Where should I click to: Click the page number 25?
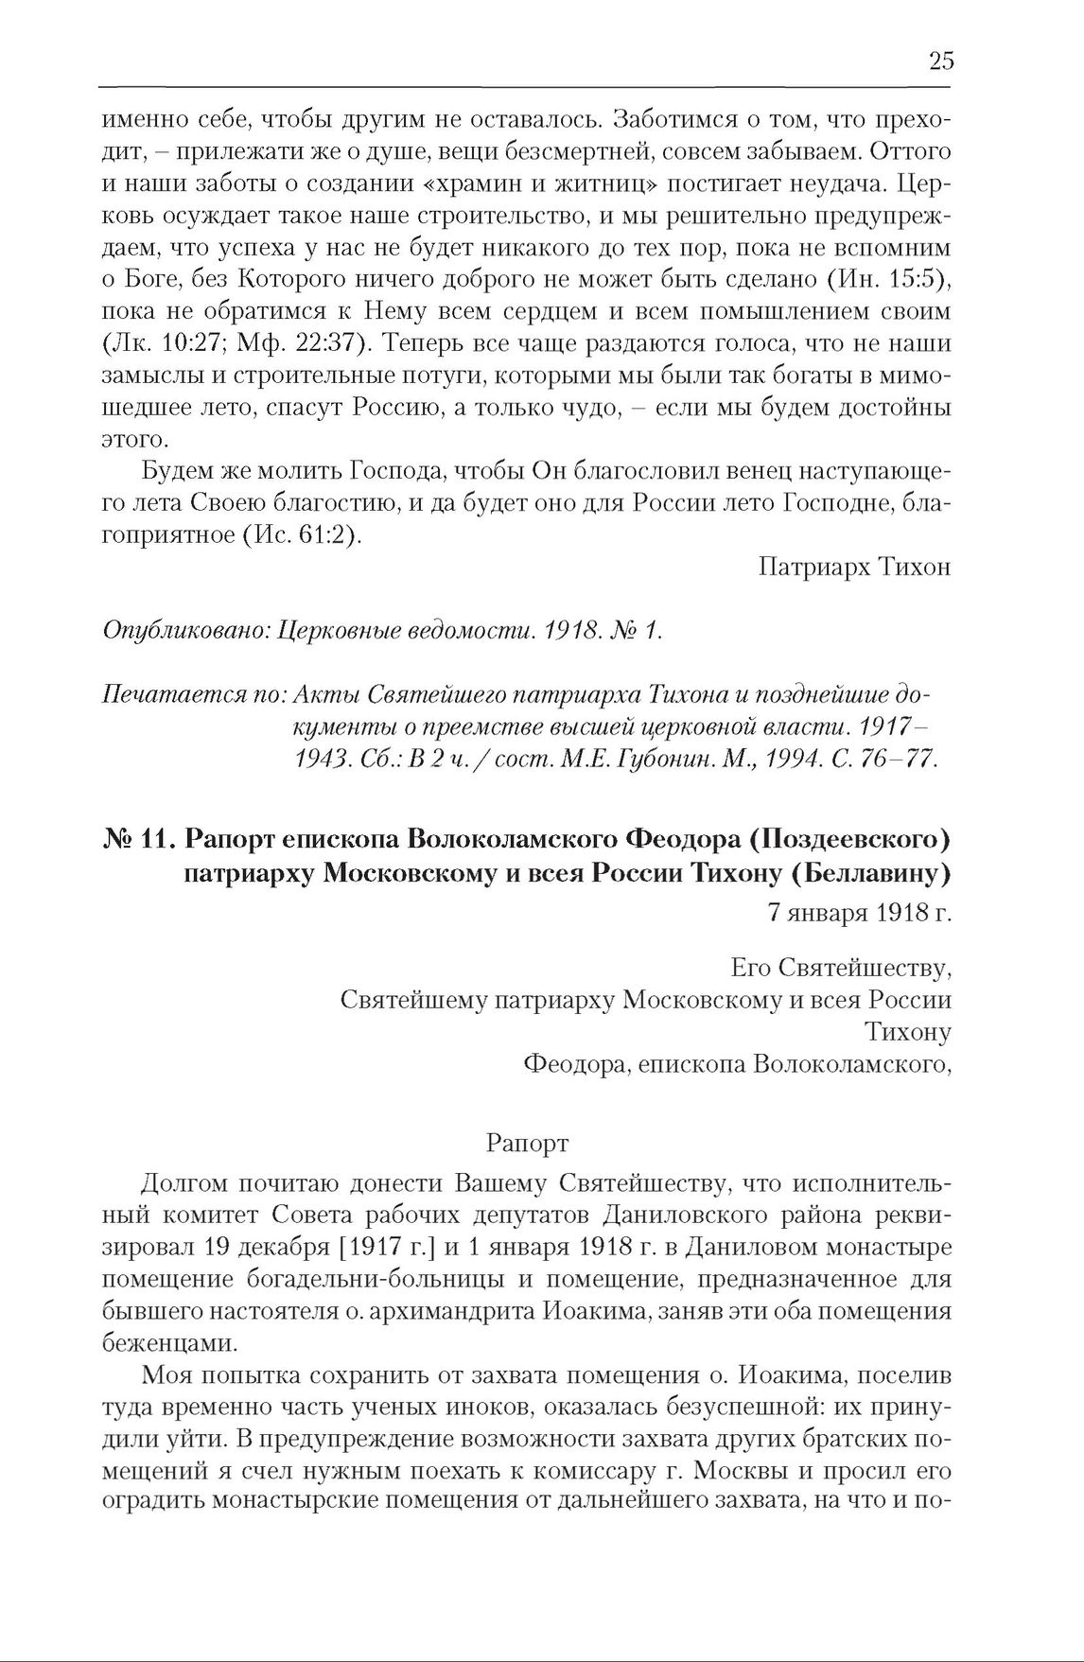point(940,62)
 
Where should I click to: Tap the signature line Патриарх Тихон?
point(854,567)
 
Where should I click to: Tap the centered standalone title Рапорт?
point(527,1143)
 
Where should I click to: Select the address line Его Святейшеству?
point(841,968)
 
